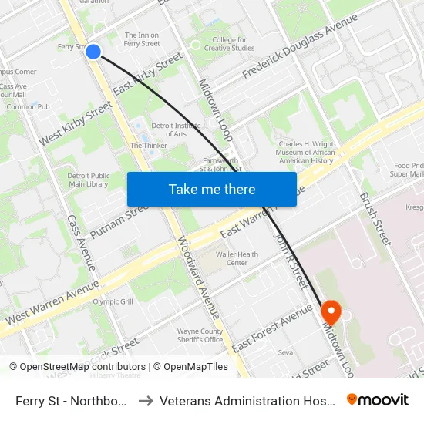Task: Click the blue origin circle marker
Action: [x=93, y=52]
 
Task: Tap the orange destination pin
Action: [x=331, y=312]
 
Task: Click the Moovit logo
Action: [x=378, y=400]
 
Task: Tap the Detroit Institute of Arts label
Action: [x=169, y=130]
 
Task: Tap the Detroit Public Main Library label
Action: [x=88, y=180]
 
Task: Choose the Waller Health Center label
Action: [x=237, y=258]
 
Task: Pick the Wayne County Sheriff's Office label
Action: [x=200, y=335]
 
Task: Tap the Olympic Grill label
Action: [x=113, y=301]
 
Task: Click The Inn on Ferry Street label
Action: [x=143, y=39]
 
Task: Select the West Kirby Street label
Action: [x=76, y=123]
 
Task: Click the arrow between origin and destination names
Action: [x=146, y=401]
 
